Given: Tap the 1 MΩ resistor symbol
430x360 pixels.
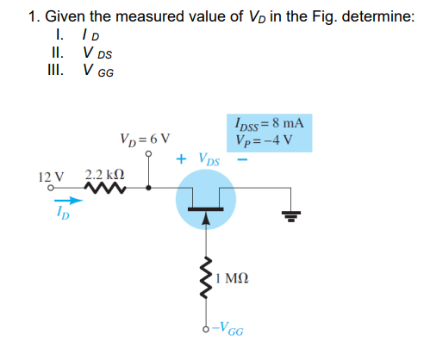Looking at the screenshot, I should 206,276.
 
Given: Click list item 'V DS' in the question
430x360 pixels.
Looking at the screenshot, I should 98,51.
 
